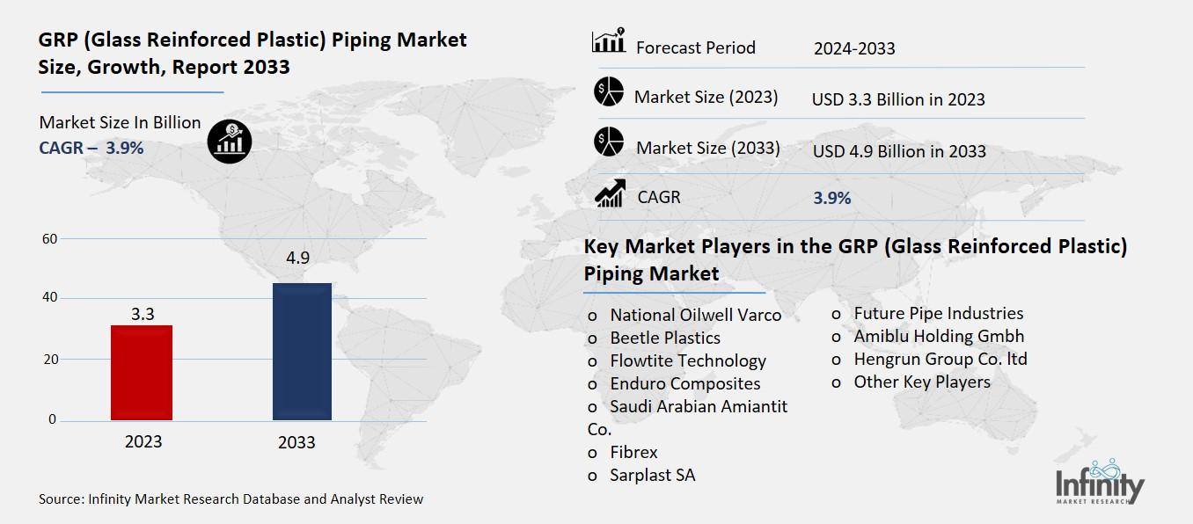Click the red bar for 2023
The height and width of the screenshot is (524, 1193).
coord(142,373)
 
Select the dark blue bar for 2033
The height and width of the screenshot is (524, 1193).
coord(302,352)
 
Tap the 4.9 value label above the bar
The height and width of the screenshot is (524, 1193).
coord(297,258)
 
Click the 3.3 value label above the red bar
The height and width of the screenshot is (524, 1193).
coord(143,312)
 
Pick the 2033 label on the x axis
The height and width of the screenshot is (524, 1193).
coord(296,442)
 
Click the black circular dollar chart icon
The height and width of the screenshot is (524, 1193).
coord(230,141)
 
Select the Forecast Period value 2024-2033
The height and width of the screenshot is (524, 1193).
coord(853,48)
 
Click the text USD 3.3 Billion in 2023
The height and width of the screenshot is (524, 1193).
coord(898,99)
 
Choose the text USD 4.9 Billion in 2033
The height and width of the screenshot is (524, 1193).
coord(899,151)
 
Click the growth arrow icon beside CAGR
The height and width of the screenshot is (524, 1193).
coord(610,194)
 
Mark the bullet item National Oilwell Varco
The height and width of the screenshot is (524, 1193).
coord(695,315)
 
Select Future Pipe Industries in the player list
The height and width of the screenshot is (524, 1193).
coord(938,313)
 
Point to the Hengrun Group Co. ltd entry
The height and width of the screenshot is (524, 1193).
coord(940,359)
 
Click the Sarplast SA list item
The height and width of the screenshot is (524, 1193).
coord(652,475)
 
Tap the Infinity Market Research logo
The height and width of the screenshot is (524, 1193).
coord(1100,485)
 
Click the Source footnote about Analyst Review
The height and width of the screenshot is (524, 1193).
coord(231,499)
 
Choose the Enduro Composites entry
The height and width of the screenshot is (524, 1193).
coord(684,383)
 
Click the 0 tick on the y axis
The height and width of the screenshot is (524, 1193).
coord(52,420)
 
